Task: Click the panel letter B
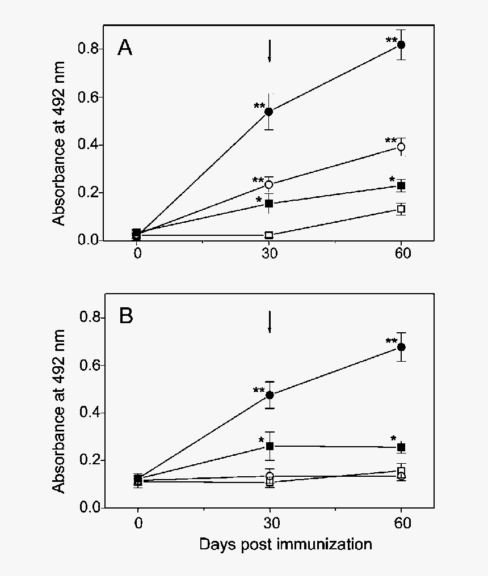click(125, 316)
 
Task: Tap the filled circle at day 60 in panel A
click(401, 45)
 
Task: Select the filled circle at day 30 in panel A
click(269, 111)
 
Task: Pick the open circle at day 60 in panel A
click(401, 147)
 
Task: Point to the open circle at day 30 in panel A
click(269, 184)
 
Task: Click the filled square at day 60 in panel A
click(401, 185)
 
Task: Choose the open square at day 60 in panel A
click(401, 209)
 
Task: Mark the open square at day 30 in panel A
click(269, 235)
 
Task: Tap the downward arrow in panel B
click(270, 321)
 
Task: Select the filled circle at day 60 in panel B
click(401, 347)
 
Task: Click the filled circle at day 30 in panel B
click(270, 395)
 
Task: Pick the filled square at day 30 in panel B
click(270, 446)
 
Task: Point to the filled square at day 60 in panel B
click(401, 447)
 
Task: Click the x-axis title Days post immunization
click(285, 545)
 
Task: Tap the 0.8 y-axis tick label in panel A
click(91, 49)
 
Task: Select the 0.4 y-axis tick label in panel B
click(91, 413)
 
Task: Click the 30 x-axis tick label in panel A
click(269, 253)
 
